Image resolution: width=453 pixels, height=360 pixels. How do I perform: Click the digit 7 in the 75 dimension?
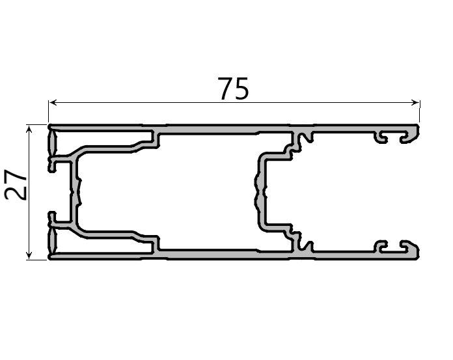pos(225,89)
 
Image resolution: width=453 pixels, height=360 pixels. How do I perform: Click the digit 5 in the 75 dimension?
pos(241,89)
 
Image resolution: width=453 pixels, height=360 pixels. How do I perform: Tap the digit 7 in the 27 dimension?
pos(16,176)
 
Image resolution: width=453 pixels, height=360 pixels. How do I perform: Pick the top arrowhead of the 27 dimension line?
pos(29,129)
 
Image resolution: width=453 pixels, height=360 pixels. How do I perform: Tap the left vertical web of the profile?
pos(74,192)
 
